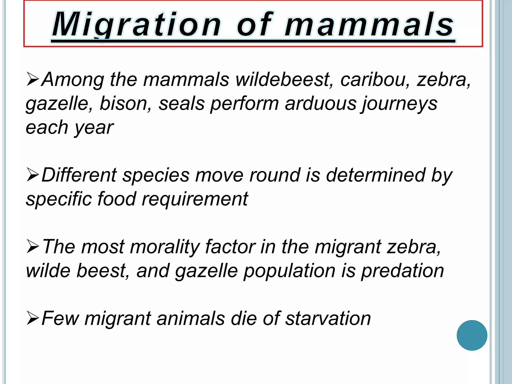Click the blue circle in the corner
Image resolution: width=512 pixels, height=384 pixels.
[472, 335]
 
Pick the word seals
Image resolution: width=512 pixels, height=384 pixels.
[181, 103]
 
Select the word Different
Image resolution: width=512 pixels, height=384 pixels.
[79, 175]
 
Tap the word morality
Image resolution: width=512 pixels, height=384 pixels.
[164, 247]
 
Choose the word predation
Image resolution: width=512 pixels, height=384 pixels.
[402, 271]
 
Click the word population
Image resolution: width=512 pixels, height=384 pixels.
[289, 271]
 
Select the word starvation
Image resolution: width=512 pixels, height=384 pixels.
[328, 318]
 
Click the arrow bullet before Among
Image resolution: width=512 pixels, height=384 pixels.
[33, 79]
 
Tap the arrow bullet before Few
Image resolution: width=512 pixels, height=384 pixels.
[33, 318]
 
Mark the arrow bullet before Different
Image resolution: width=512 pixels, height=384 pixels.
[33, 175]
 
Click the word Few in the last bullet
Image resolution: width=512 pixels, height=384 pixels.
[60, 318]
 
